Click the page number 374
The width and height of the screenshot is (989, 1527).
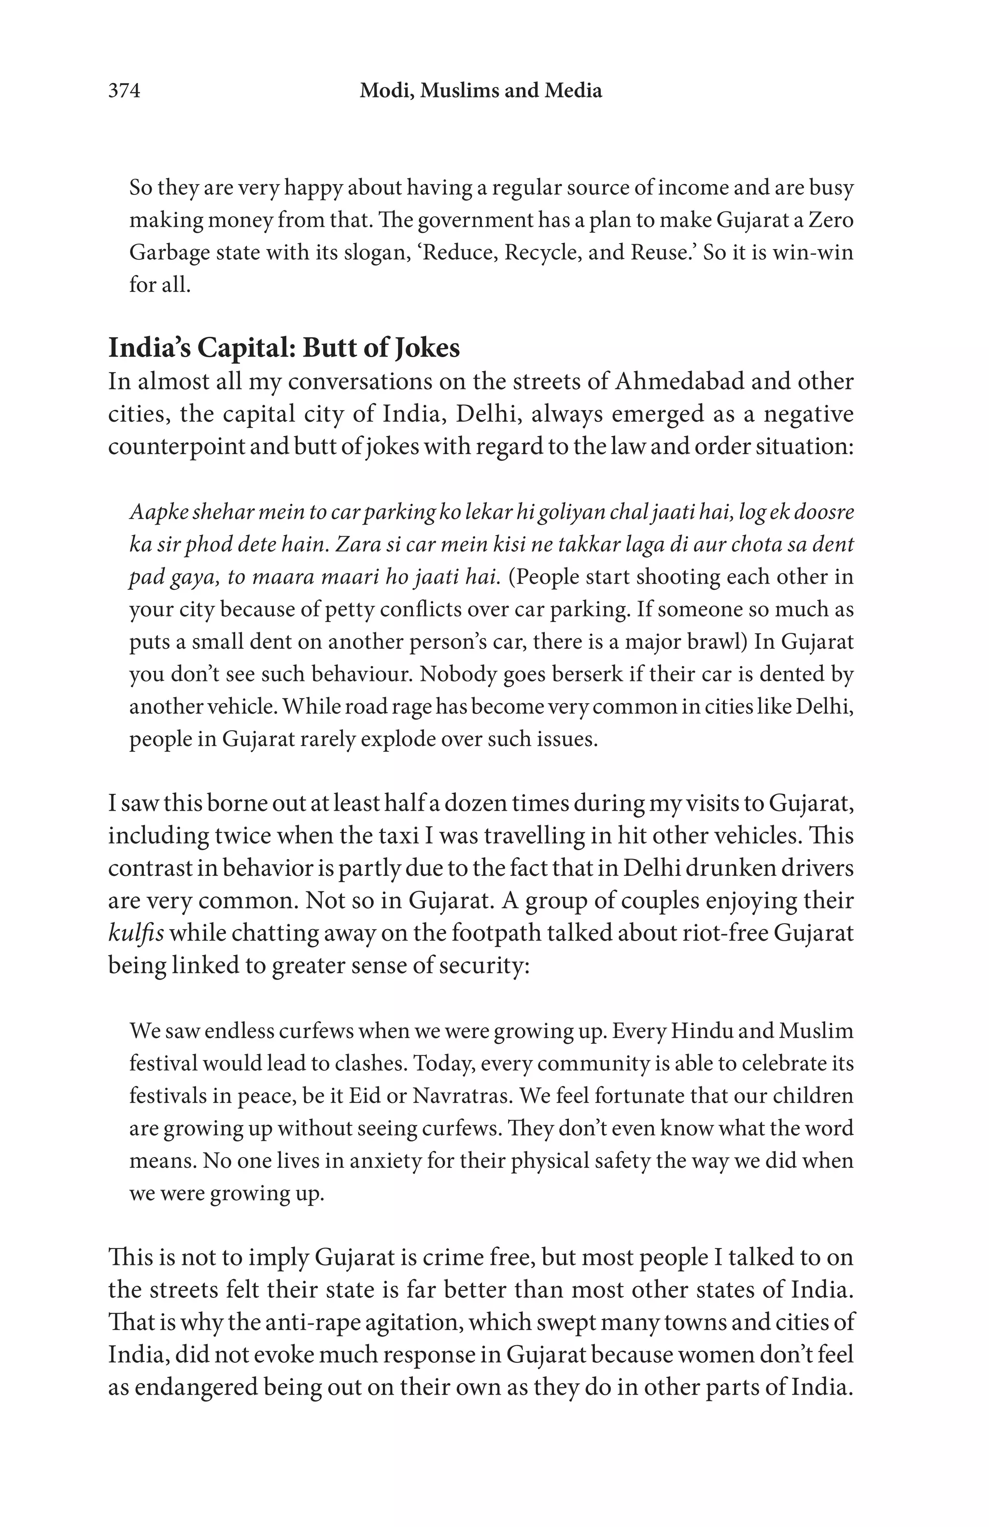pos(124,91)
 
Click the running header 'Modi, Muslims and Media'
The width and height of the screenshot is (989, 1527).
pos(480,91)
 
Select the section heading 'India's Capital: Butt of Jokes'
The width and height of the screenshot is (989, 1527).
pos(283,348)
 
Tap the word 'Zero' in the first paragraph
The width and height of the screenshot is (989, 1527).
pos(831,220)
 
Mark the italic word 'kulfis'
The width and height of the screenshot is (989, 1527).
pos(135,933)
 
